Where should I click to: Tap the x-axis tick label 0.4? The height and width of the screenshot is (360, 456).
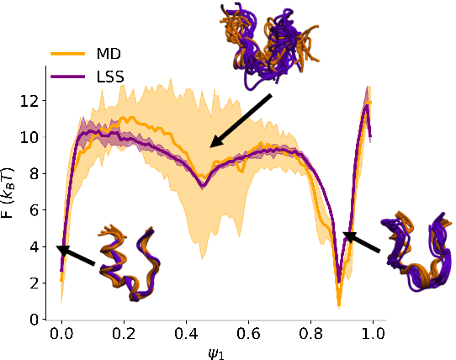click(186, 334)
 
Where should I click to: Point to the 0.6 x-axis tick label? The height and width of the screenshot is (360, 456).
click(248, 334)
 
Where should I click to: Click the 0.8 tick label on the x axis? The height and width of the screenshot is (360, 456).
click(310, 334)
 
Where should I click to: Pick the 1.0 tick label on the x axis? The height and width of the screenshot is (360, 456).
click(373, 334)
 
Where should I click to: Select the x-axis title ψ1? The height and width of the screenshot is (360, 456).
click(217, 351)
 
